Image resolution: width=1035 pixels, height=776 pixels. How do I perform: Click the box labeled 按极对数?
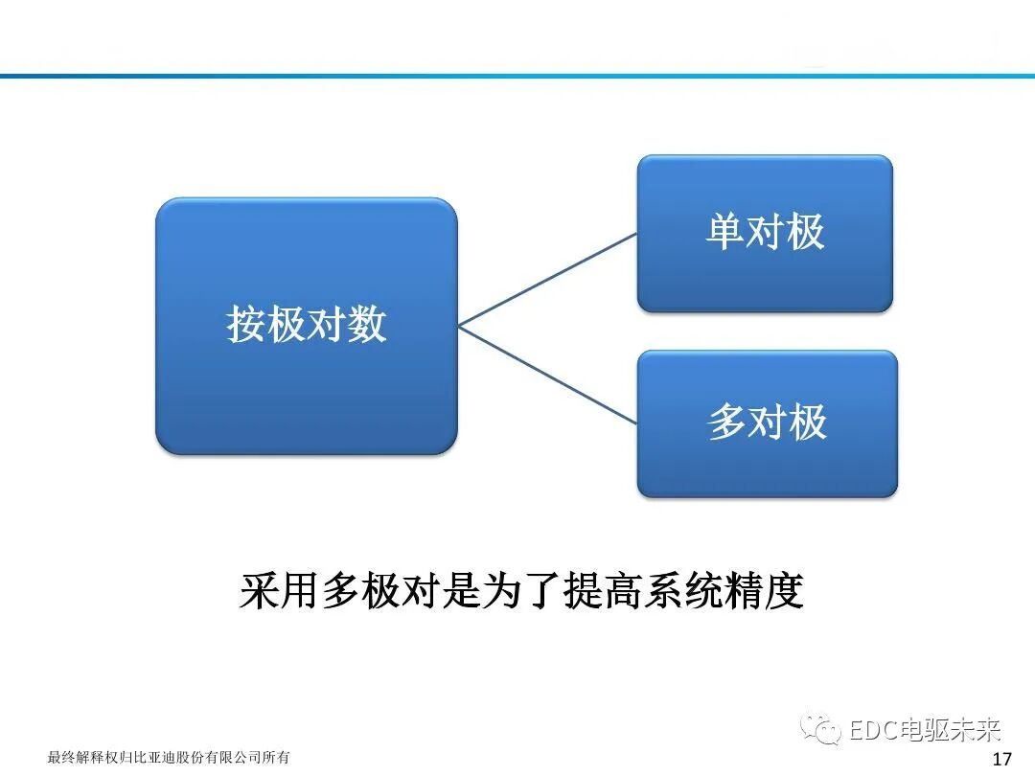306,326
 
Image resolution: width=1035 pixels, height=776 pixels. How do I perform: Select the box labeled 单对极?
765,233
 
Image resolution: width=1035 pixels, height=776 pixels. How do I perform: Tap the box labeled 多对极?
767,422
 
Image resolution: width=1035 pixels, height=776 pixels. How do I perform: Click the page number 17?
1002,760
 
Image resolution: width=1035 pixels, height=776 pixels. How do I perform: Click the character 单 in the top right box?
724,233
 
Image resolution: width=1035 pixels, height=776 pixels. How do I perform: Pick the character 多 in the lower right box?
726,422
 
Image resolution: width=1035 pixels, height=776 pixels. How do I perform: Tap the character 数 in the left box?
367,326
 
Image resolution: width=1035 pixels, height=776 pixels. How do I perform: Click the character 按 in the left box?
246,326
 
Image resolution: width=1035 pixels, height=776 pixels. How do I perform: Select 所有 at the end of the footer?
277,758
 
